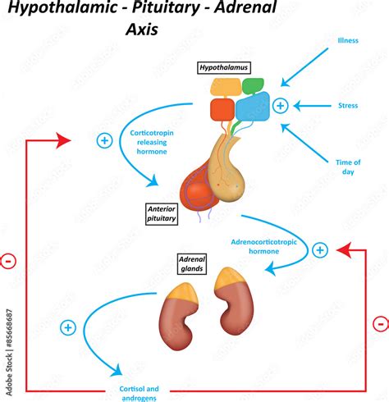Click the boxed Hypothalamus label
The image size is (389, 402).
(222, 68)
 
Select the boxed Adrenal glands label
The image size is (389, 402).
(191, 263)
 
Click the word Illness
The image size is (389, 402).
(347, 40)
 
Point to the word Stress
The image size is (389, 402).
(347, 105)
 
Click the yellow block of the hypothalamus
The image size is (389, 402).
(226, 87)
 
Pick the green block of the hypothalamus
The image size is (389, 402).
(253, 85)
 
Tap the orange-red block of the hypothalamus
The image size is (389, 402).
(222, 109)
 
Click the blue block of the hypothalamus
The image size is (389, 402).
(252, 107)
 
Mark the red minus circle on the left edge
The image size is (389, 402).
(8, 261)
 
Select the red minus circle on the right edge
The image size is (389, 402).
(380, 323)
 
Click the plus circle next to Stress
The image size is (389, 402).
(280, 105)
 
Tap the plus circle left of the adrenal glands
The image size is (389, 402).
(68, 328)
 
